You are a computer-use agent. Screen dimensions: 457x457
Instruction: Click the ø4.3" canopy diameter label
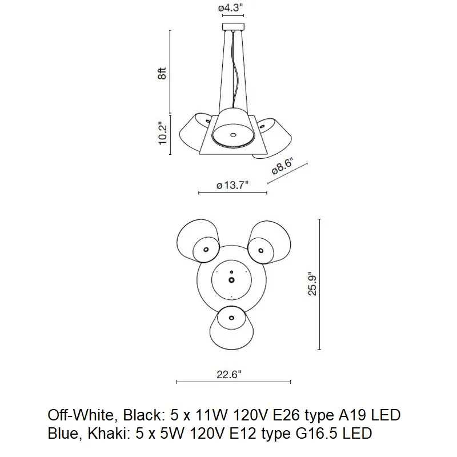(231, 8)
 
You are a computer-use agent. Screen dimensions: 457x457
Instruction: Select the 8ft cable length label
(162, 73)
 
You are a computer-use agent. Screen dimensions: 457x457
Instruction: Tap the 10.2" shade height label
(162, 133)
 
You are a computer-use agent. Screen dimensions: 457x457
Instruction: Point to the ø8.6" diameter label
(282, 166)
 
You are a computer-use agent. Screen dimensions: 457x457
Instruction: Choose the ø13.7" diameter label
(232, 185)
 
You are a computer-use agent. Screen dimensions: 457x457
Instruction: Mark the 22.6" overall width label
(229, 374)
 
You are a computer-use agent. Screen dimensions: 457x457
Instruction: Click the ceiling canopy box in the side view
(233, 26)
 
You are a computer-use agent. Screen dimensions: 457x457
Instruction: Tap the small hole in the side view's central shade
(233, 135)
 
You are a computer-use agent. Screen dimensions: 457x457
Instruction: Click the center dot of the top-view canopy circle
(231, 280)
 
